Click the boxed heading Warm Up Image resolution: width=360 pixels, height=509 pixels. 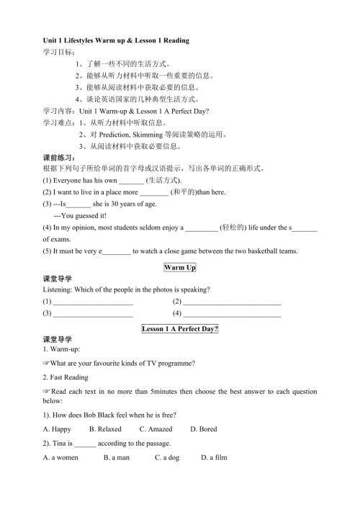[x=180, y=268]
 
